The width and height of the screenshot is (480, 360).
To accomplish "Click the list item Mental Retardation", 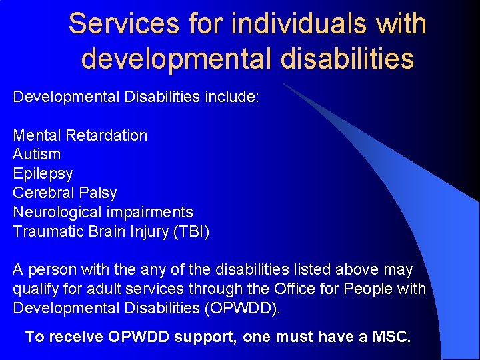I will (x=80, y=135).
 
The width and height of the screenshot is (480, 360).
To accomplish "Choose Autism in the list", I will (x=37, y=155).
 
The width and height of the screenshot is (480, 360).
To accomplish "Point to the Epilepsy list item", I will (x=43, y=174).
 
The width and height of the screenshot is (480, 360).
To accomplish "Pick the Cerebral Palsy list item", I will (x=65, y=193).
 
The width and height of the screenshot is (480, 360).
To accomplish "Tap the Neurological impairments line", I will (x=103, y=213).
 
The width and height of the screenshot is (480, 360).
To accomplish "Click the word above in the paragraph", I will (x=360, y=270).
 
